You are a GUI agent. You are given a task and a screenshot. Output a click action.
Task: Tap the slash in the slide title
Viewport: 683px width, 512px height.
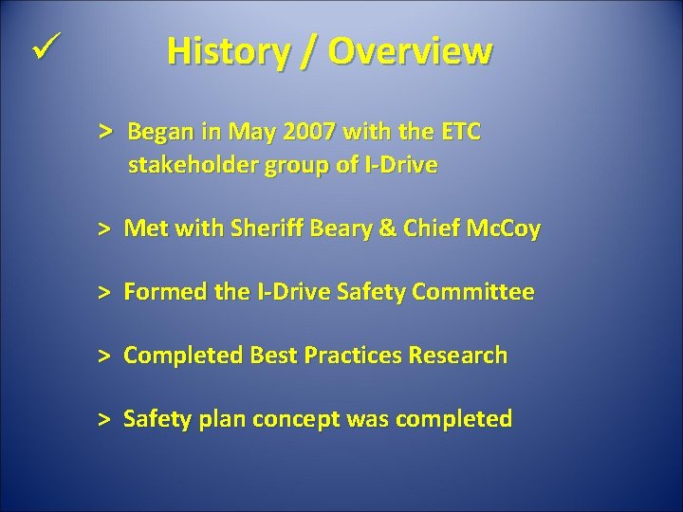[308, 52]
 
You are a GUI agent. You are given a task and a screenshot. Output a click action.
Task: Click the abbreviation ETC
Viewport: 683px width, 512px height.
[460, 132]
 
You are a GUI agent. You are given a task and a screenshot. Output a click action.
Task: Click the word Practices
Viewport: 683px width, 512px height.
[353, 357]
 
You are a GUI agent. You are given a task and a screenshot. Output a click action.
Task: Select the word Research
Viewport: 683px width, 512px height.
[457, 357]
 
